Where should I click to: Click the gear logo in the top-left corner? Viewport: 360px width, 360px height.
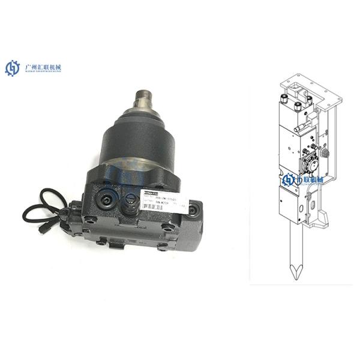coord(13,68)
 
